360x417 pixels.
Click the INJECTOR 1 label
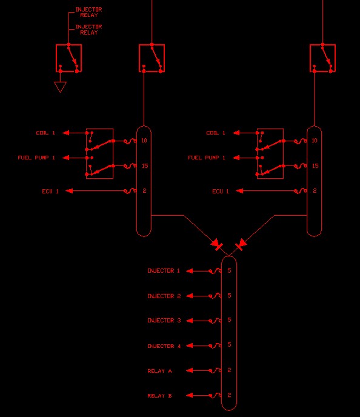click(164, 271)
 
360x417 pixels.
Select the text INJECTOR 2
click(164, 296)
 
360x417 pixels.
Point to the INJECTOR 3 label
click(164, 321)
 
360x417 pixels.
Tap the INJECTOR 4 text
click(164, 346)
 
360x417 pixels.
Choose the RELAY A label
click(159, 371)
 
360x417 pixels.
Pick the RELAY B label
click(159, 396)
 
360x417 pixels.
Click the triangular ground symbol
click(61, 87)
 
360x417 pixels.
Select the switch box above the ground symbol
click(69, 58)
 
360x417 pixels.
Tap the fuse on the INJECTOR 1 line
click(215, 271)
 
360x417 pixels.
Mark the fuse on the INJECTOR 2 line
click(215, 296)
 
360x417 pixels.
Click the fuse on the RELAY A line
click(215, 370)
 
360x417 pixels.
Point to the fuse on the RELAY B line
click(215, 395)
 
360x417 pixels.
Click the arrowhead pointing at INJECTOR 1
click(189, 271)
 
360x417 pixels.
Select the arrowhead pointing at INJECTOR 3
click(189, 321)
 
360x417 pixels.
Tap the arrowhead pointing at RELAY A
click(189, 370)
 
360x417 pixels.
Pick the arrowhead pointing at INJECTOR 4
click(189, 345)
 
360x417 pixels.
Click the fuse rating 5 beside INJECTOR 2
click(230, 295)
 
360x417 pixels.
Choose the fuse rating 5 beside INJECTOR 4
click(230, 345)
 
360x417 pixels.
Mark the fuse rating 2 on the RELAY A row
click(230, 370)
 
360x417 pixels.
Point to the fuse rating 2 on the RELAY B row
click(230, 395)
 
